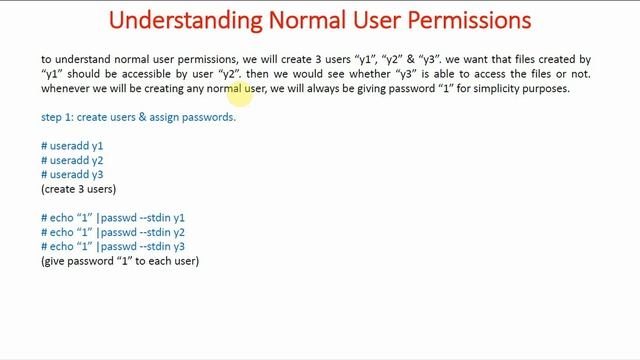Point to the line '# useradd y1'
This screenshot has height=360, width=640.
coord(72,146)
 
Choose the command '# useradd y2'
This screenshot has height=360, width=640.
coord(72,160)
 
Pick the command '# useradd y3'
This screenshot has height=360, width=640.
coord(72,175)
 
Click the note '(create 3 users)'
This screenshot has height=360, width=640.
coord(78,189)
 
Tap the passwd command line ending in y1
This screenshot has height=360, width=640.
coord(113,218)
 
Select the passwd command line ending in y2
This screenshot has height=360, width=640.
coord(113,232)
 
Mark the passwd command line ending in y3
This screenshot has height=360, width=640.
coord(113,246)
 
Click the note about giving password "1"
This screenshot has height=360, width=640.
coord(120,261)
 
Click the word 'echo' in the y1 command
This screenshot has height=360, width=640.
coord(62,218)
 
